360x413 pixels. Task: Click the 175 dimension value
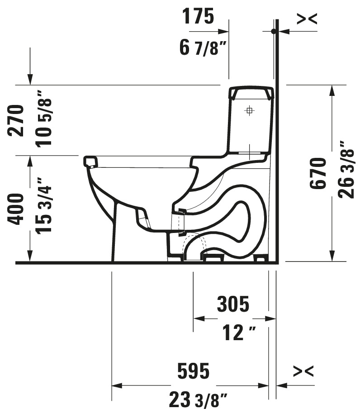tap(198, 16)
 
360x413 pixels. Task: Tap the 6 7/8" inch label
tap(203, 47)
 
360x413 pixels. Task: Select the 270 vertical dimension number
tap(16, 121)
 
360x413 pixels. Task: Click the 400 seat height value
tap(16, 209)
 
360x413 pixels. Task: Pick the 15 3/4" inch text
tap(44, 206)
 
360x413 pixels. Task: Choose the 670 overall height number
tap(318, 173)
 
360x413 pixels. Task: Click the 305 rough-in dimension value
tap(233, 304)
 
